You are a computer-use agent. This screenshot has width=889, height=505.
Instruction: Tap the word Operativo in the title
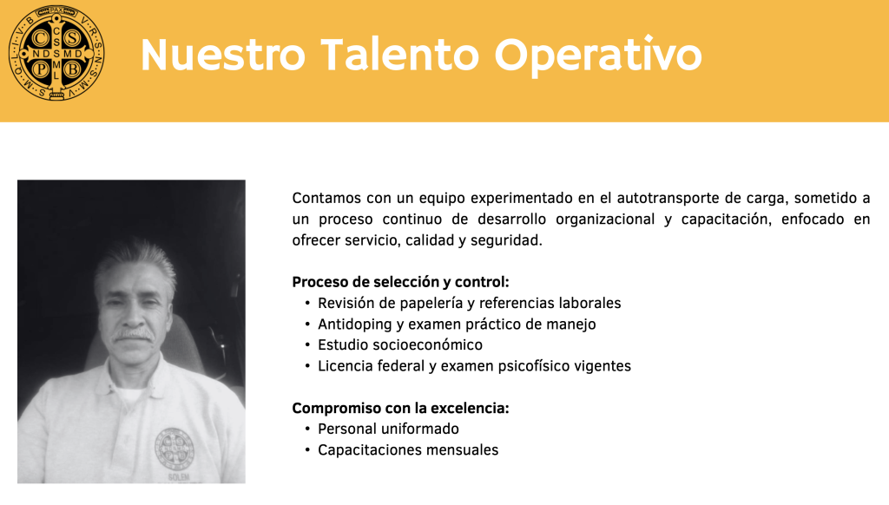tap(598, 56)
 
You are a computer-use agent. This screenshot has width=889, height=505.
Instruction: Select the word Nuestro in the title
tap(222, 56)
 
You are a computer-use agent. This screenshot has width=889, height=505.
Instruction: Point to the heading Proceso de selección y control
tap(400, 282)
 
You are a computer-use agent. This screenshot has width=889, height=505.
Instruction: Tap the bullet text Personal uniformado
tap(388, 429)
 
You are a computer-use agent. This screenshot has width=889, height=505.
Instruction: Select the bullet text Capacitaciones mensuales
tap(408, 449)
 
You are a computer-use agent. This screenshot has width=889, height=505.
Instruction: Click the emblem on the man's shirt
tap(175, 446)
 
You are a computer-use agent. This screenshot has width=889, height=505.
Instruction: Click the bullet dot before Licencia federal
tap(308, 366)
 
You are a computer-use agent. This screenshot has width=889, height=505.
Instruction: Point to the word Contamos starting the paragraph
tap(326, 199)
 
